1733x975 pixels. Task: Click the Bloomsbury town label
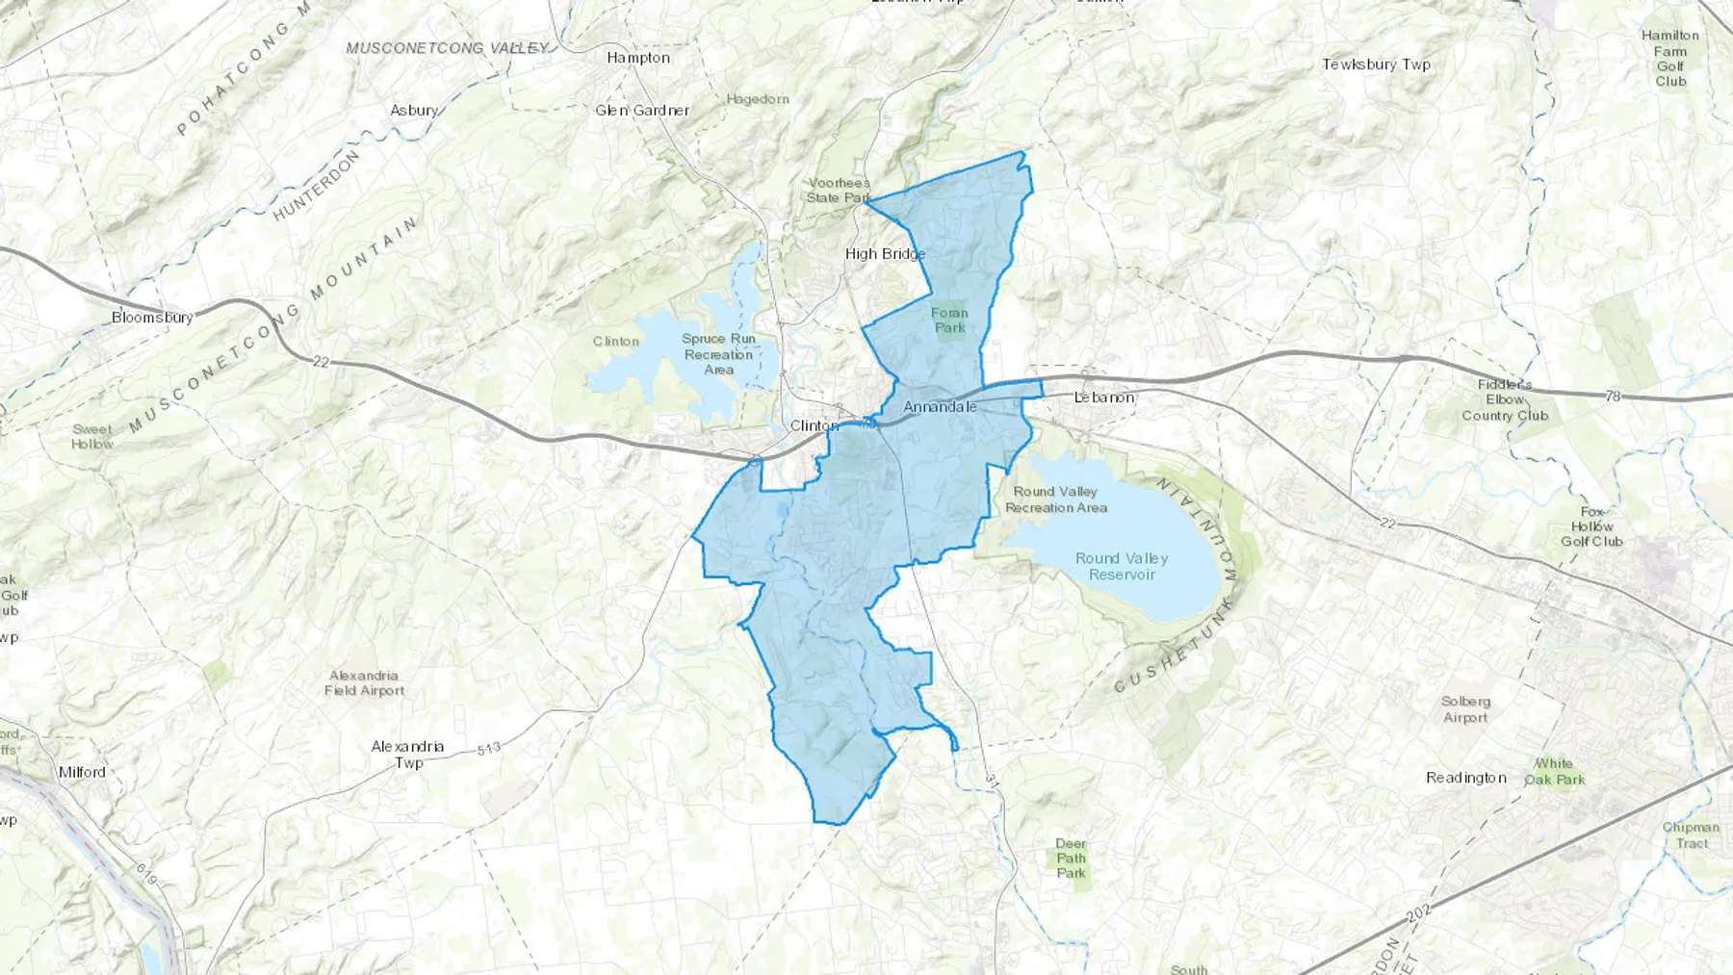(152, 317)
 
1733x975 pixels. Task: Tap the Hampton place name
(637, 58)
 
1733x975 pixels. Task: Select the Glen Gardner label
(641, 111)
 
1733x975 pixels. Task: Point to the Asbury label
(413, 111)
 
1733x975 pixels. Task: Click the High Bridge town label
(885, 254)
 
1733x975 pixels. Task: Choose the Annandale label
(940, 407)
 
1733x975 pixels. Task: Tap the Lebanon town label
(1104, 398)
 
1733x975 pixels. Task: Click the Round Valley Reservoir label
(1122, 566)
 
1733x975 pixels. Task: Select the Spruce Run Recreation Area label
(718, 354)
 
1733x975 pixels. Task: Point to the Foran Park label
(949, 321)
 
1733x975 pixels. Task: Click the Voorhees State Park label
(839, 191)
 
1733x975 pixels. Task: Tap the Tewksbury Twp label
(1376, 64)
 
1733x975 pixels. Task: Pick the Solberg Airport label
(1465, 709)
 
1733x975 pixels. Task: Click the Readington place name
(1465, 778)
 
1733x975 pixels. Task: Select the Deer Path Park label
(1071, 859)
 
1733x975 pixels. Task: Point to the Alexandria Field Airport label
(364, 683)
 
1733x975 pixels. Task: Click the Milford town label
(82, 772)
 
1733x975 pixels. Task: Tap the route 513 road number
(488, 748)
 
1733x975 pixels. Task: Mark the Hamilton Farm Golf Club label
(1670, 59)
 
